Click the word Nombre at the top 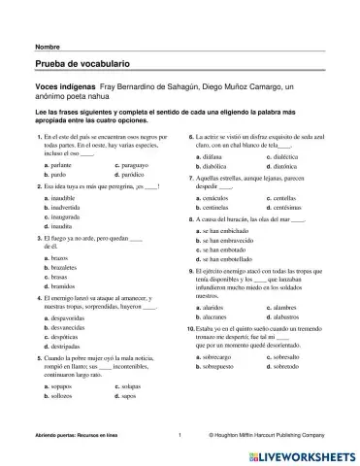(x=47, y=47)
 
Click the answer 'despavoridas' (x=66, y=318)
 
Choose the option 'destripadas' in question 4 (x=64, y=345)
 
